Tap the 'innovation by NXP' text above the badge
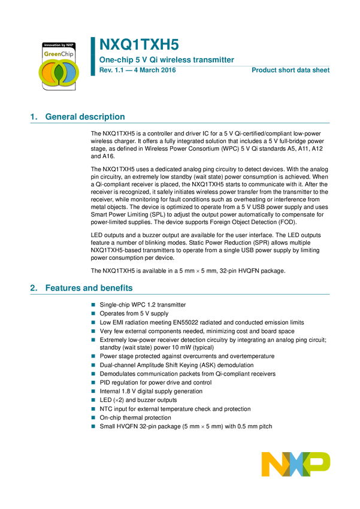[x=58, y=45]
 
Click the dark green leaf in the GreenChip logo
[x=58, y=72]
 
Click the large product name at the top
[x=138, y=45]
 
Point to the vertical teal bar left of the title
[x=93, y=56]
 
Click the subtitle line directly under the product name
[x=166, y=60]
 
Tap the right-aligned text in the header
[x=291, y=70]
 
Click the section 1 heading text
[x=85, y=117]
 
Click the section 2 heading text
[x=89, y=289]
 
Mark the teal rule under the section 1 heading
[x=180, y=123]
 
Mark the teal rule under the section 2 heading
[x=180, y=294]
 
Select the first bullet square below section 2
[x=93, y=304]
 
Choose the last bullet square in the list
[x=93, y=426]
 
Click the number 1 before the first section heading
[x=32, y=118]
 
